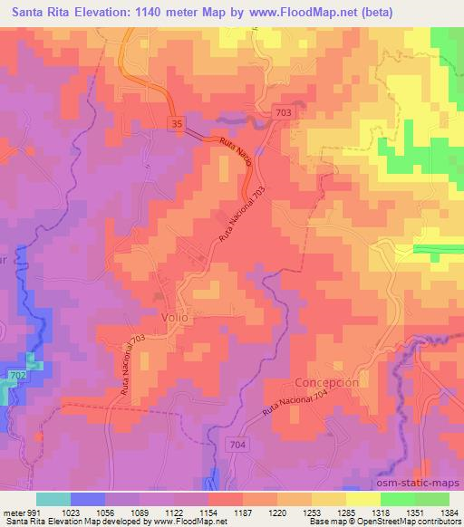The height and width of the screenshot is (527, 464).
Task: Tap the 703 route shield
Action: (284, 109)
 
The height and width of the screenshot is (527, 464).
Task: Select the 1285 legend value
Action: (347, 511)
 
